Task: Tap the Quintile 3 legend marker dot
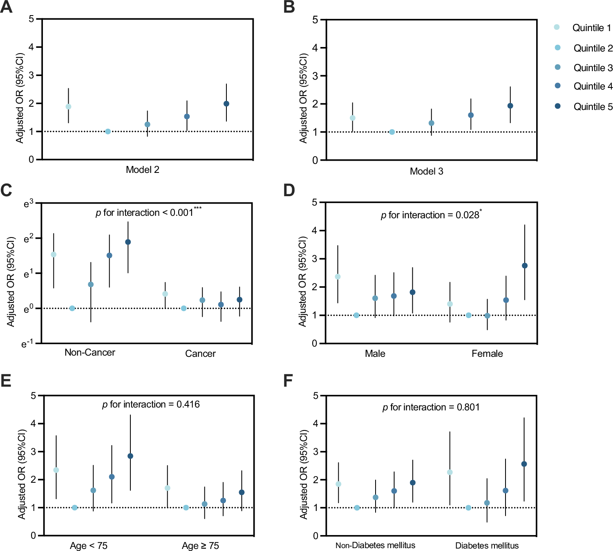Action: point(557,67)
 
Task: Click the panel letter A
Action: point(7,7)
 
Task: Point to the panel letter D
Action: point(289,190)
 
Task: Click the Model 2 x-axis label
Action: point(142,170)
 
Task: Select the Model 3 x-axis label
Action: point(426,171)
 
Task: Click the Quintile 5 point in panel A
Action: point(226,104)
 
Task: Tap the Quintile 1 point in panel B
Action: point(352,118)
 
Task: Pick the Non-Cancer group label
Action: point(90,352)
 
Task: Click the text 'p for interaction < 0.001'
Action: point(144,213)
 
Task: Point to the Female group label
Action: point(487,354)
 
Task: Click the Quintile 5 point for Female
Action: point(525,266)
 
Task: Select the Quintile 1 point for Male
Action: point(338,277)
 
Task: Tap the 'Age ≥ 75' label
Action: point(200,546)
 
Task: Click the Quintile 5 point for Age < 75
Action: point(130,456)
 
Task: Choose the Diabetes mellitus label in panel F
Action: point(487,546)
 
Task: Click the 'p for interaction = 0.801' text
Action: point(431,407)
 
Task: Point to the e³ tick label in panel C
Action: point(28,203)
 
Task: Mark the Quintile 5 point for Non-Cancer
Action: point(128,242)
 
